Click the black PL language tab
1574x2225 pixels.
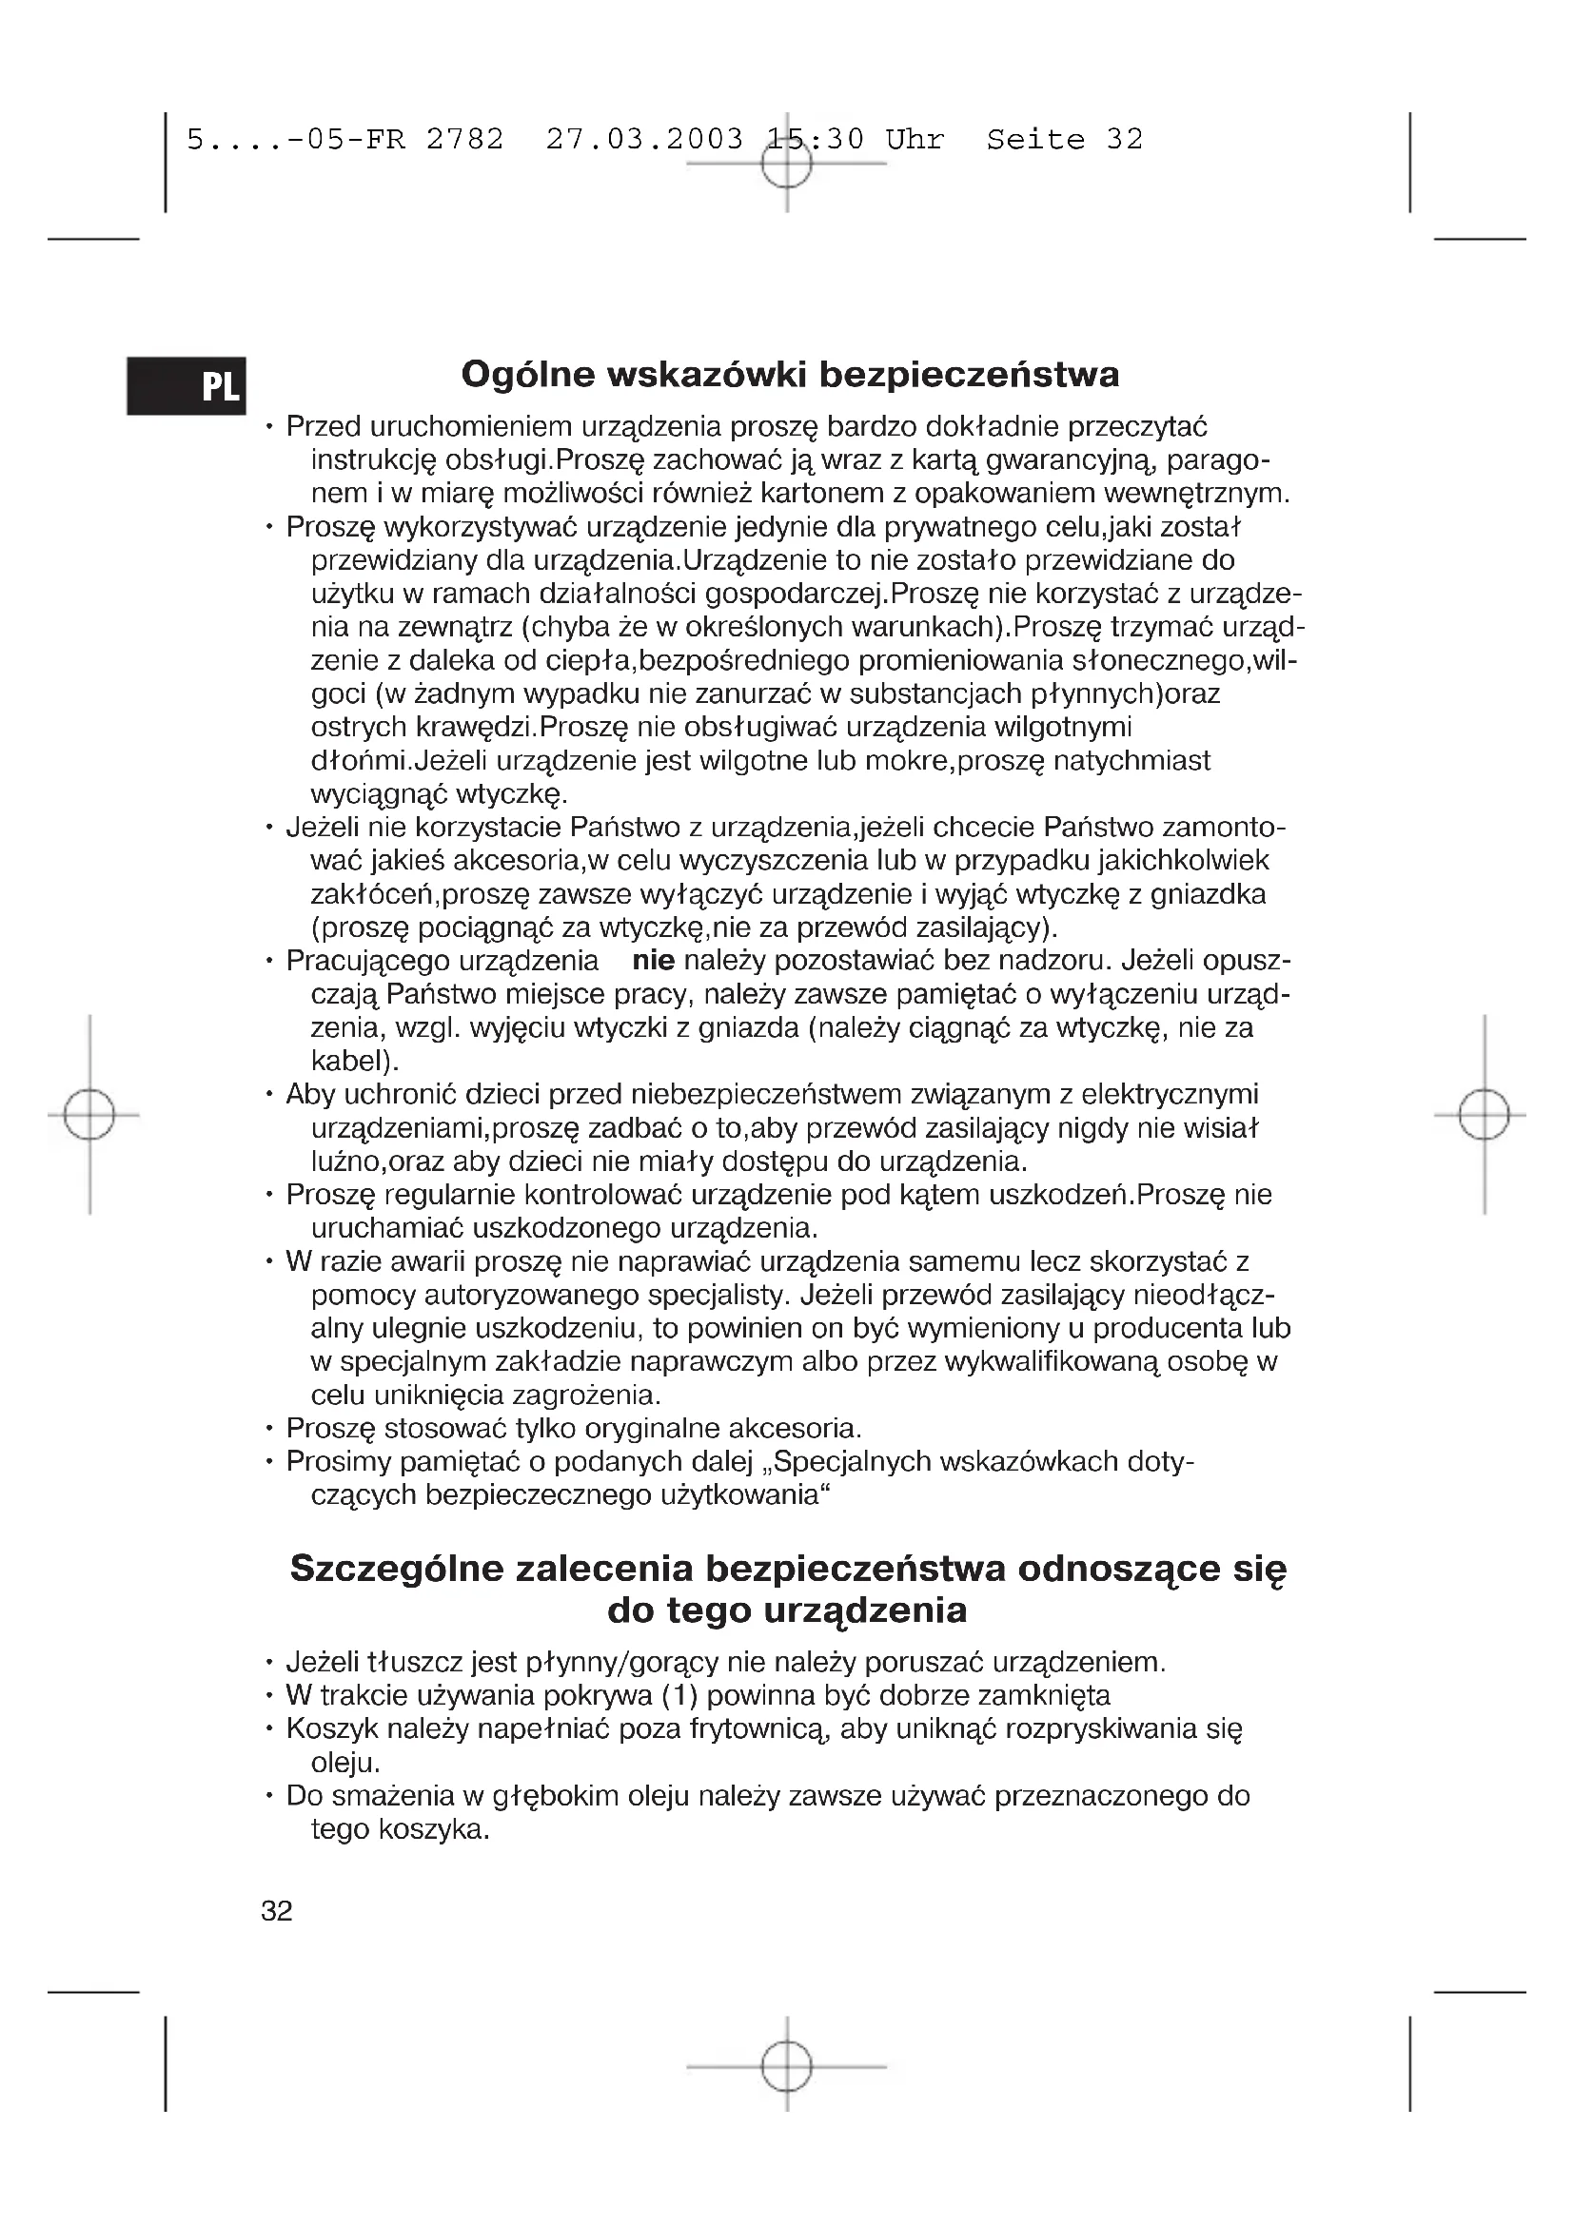coord(187,385)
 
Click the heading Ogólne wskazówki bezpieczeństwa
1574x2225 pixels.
coord(790,374)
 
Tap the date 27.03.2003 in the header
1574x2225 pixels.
coord(644,140)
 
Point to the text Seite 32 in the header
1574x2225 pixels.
coord(1064,140)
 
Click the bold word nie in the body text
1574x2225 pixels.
coord(653,961)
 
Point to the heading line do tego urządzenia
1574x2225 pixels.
coord(787,1610)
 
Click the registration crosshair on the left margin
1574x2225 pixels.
coord(89,1116)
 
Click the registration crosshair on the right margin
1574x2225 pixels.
coord(1484,1116)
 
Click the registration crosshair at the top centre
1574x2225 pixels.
coord(786,164)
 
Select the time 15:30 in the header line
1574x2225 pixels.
coord(815,140)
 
